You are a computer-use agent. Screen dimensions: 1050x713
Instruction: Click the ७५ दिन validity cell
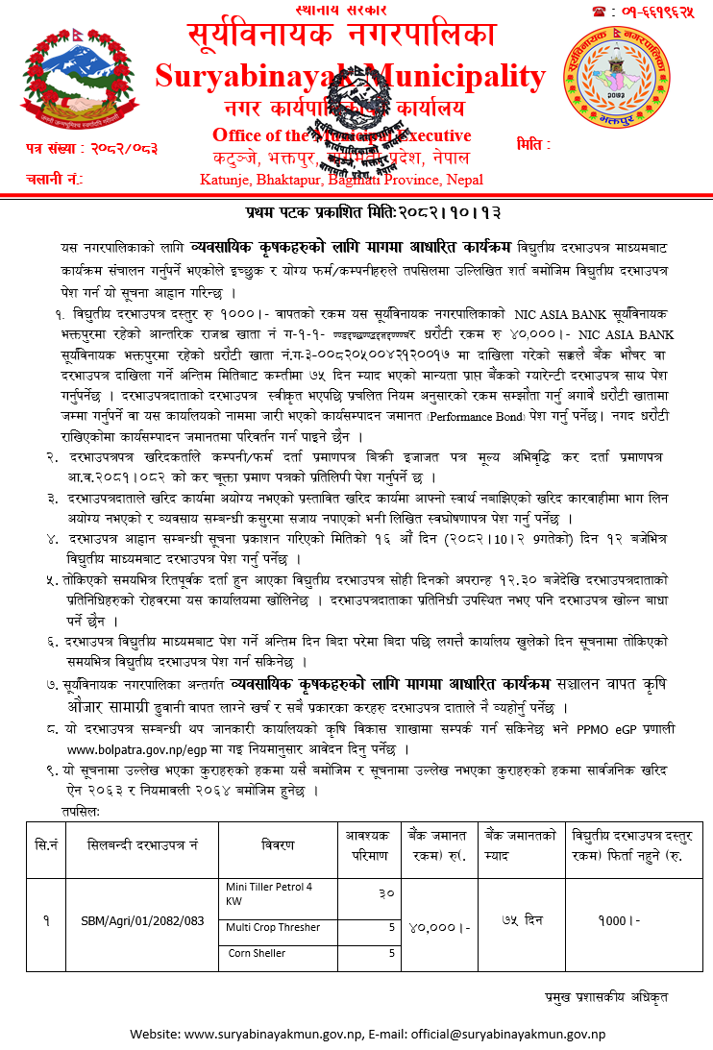pyautogui.click(x=522, y=920)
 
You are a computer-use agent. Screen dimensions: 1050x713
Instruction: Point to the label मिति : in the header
pyautogui.click(x=533, y=144)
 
